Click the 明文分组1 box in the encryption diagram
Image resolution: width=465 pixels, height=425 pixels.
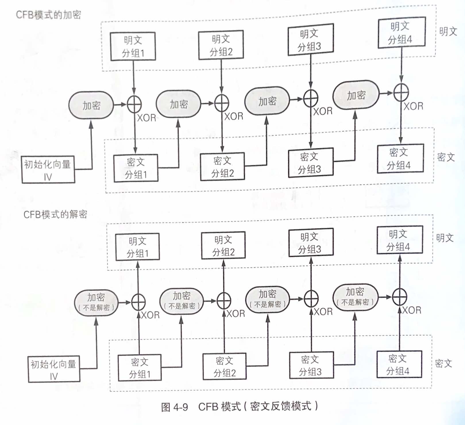pos(133,46)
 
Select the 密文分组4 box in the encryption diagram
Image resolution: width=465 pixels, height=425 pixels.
pos(400,159)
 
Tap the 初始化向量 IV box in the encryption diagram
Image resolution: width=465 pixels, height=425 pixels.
pos(48,169)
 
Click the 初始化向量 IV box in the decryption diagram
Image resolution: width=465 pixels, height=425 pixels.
pos(54,369)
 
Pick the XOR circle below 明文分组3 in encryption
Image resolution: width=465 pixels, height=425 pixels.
pos(311,98)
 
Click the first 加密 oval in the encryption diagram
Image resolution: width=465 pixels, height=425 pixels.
pos(91,105)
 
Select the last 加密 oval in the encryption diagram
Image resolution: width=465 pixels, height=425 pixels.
pos(356,95)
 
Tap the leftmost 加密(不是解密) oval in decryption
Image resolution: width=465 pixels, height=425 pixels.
pos(96,302)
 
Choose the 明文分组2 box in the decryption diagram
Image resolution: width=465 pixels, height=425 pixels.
pos(223,246)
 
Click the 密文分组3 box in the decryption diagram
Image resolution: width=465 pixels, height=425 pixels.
pos(311,365)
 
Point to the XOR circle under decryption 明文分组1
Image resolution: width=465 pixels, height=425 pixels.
pos(138,302)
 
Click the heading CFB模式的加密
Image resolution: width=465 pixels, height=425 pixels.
pos(48,15)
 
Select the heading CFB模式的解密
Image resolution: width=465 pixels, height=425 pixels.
pos(55,214)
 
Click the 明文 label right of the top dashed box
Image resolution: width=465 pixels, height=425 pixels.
pos(448,31)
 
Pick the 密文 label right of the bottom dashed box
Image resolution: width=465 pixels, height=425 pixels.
pos(443,363)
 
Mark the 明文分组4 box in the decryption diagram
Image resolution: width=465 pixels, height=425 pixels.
pos(400,240)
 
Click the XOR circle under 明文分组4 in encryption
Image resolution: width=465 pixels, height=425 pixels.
pos(401,92)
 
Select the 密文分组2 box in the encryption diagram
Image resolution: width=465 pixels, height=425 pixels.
pos(222,167)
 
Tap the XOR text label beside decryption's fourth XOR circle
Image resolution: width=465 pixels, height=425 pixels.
pos(412,310)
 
